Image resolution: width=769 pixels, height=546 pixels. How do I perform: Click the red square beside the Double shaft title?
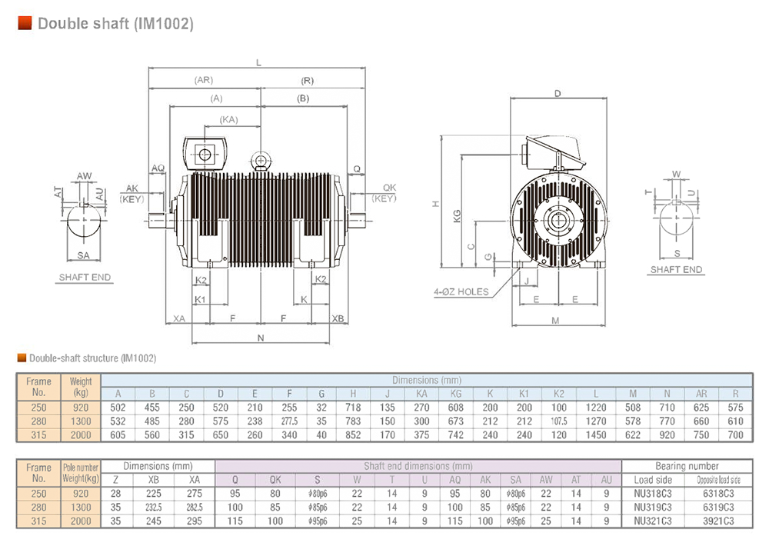pos(25,23)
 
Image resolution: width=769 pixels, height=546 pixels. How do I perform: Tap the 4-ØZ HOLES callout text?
pos(461,292)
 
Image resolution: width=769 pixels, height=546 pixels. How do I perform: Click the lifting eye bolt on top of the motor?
pos(261,161)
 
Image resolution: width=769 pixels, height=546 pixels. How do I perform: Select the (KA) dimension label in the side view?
pos(228,120)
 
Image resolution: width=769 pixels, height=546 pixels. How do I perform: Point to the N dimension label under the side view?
pos(261,338)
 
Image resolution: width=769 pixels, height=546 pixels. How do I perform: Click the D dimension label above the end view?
pos(558,93)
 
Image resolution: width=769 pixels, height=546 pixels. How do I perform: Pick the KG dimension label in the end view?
pos(457,216)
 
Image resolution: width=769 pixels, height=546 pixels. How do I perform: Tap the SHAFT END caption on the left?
pos(85,277)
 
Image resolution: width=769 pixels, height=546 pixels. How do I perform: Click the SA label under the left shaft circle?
pos(83,255)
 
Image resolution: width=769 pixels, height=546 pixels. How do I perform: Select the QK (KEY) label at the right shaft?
pos(384,193)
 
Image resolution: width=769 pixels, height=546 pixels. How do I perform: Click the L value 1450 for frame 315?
pos(596,435)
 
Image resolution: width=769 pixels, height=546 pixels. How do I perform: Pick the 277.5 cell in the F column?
pos(289,421)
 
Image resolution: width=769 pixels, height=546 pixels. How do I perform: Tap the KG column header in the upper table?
pos(455,394)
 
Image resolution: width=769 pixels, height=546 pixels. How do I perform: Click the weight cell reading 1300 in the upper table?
pos(81,421)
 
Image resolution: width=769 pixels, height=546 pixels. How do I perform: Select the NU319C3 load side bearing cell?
pos(653,508)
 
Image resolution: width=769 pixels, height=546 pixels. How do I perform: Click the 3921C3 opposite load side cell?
pos(718,521)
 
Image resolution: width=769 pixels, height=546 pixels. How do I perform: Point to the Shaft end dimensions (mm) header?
pos(418,466)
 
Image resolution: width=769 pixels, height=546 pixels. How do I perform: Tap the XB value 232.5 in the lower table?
pos(154,508)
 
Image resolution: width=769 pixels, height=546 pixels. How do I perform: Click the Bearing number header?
pos(687,466)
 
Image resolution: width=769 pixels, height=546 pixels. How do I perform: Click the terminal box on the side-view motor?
pos(205,154)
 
